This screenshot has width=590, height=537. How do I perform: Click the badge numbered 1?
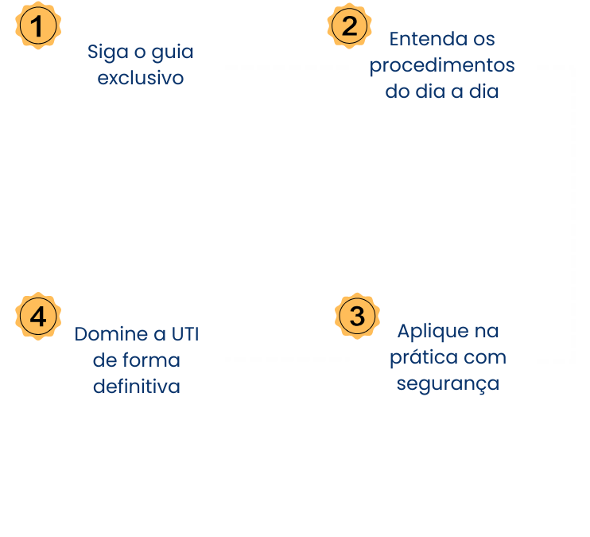tap(38, 26)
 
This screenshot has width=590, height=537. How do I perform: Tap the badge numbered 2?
tap(349, 26)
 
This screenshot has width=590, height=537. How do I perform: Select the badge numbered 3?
tap(357, 316)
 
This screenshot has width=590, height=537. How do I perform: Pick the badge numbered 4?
tap(38, 317)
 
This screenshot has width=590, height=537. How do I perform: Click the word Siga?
tap(108, 52)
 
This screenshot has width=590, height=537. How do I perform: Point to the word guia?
tap(173, 52)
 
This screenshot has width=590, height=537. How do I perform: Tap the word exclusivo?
tap(141, 78)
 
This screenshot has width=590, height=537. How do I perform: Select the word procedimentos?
tap(442, 66)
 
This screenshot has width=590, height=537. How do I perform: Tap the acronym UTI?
tap(185, 334)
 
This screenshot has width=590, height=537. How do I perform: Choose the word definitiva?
tap(137, 387)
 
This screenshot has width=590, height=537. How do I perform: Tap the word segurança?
tap(448, 384)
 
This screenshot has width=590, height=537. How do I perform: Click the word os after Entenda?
tap(484, 39)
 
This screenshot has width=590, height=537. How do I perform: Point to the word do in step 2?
tap(398, 91)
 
